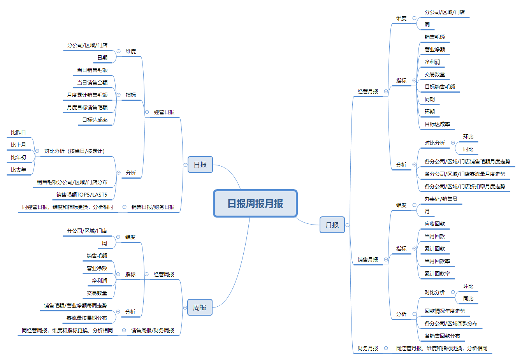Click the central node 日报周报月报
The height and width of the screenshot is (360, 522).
[255, 204]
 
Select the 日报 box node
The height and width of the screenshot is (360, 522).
[200, 165]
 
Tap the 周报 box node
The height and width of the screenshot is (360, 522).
[200, 307]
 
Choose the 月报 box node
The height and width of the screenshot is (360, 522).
[332, 225]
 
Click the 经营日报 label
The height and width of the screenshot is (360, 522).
[164, 112]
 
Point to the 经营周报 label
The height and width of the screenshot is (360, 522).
[164, 274]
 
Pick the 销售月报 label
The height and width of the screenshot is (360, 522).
[368, 260]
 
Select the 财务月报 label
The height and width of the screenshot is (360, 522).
[368, 348]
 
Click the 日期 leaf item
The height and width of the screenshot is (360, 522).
[102, 58]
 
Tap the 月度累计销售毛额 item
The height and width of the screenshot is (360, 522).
[87, 95]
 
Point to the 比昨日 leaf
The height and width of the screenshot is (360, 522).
[18, 132]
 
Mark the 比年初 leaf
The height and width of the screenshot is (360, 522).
[18, 157]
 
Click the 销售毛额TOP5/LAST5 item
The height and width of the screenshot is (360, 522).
[82, 195]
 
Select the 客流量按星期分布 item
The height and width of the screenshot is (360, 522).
[87, 318]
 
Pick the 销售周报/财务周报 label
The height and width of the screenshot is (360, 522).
[153, 330]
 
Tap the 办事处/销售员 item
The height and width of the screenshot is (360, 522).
[441, 199]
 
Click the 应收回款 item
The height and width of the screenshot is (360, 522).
[434, 224]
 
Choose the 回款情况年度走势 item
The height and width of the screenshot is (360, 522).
[445, 311]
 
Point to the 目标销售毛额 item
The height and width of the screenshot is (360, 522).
[440, 87]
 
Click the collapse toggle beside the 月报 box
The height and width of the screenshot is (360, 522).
[348, 225]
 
